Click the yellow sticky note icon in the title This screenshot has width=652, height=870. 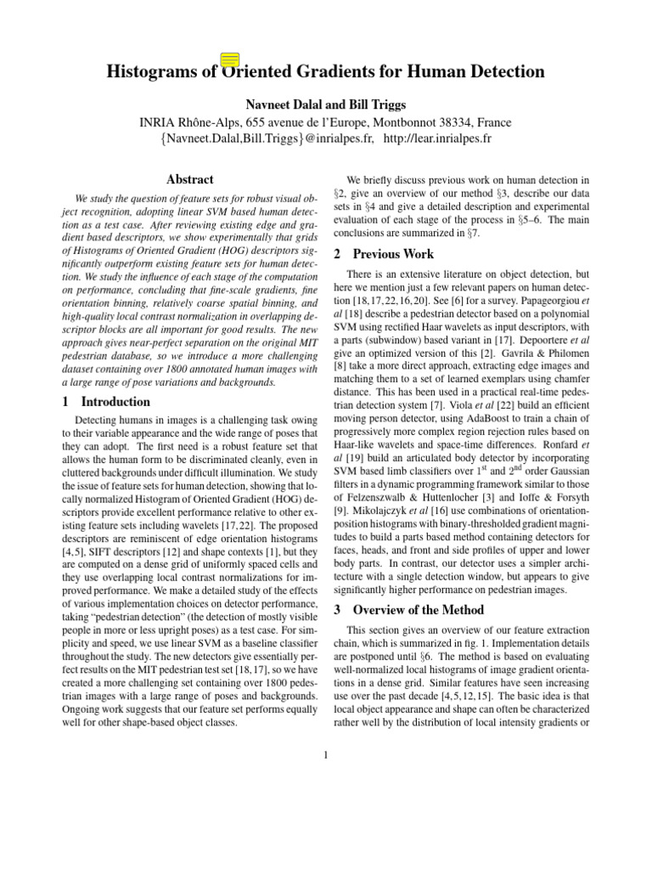point(229,59)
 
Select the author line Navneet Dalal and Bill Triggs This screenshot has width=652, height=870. point(326,105)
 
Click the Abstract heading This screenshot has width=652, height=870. point(190,180)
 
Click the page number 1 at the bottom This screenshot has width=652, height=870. point(326,753)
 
